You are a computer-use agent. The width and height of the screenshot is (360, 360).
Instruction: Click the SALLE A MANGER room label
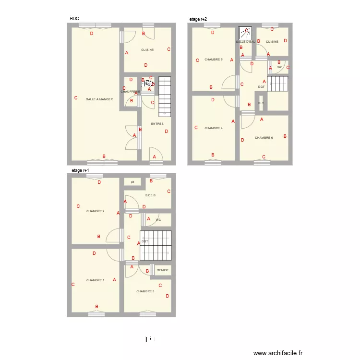point(99,99)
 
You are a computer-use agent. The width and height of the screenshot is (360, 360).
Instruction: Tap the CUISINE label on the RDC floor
point(147,50)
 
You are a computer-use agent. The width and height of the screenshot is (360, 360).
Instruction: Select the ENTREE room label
point(157,124)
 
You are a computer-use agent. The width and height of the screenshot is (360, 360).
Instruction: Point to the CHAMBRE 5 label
point(213,60)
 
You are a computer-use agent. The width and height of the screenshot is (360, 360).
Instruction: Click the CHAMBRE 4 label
point(213,128)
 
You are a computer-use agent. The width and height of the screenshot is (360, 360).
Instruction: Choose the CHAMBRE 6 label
point(264,138)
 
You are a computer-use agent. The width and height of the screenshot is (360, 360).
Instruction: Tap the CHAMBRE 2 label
point(95,211)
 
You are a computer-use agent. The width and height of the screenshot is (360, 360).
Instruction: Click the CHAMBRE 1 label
point(95,280)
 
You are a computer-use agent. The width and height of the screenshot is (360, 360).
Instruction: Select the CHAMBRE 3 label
point(145,291)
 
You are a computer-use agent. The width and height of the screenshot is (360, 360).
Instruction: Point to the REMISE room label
point(163,270)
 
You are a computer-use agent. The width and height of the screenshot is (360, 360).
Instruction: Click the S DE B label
point(150,195)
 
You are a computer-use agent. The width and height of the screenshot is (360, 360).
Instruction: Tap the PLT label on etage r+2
point(261,103)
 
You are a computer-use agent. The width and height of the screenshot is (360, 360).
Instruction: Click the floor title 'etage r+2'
point(198,19)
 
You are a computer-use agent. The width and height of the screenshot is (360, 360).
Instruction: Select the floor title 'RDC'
point(74,19)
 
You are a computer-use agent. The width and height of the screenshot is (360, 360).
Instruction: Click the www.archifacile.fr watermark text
point(278,353)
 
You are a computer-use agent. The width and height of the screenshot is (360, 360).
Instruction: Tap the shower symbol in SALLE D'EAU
point(245,33)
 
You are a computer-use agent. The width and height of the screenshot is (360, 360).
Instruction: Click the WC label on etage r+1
point(158,220)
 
